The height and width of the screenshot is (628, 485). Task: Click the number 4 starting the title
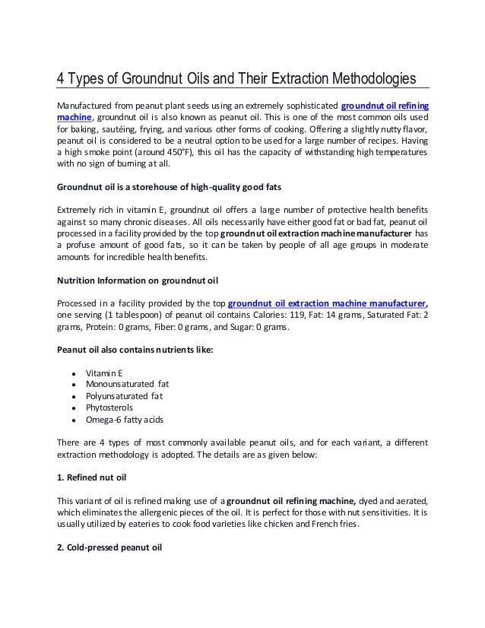coord(63,79)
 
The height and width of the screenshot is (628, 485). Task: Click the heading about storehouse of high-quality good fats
coord(164,186)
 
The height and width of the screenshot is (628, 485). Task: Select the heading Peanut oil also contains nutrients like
coord(136,350)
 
